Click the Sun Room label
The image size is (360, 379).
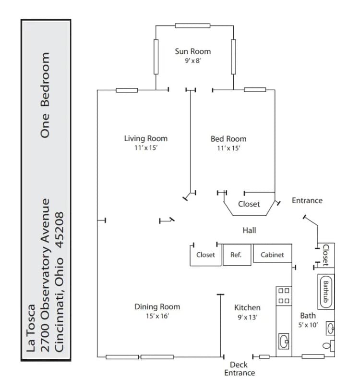tap(192, 51)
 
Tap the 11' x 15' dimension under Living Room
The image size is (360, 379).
tap(145, 148)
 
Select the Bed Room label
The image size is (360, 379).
tap(228, 139)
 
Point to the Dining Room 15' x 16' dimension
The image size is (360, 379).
tap(157, 316)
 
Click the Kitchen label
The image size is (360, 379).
tap(247, 307)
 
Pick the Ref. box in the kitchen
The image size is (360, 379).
tap(236, 255)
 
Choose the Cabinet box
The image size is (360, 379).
tap(272, 255)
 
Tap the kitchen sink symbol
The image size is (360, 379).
tap(283, 342)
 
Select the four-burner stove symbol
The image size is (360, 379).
tap(284, 295)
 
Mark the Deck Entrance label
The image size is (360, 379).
tap(239, 369)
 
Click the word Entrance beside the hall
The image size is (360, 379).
tap(307, 200)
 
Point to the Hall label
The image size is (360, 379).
tap(249, 231)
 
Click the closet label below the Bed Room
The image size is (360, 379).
tap(249, 204)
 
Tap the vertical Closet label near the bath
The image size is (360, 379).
tap(325, 255)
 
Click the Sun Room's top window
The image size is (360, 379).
tap(192, 25)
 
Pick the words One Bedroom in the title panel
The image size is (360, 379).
tap(45, 95)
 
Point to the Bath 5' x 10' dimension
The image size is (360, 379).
tap(308, 325)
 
